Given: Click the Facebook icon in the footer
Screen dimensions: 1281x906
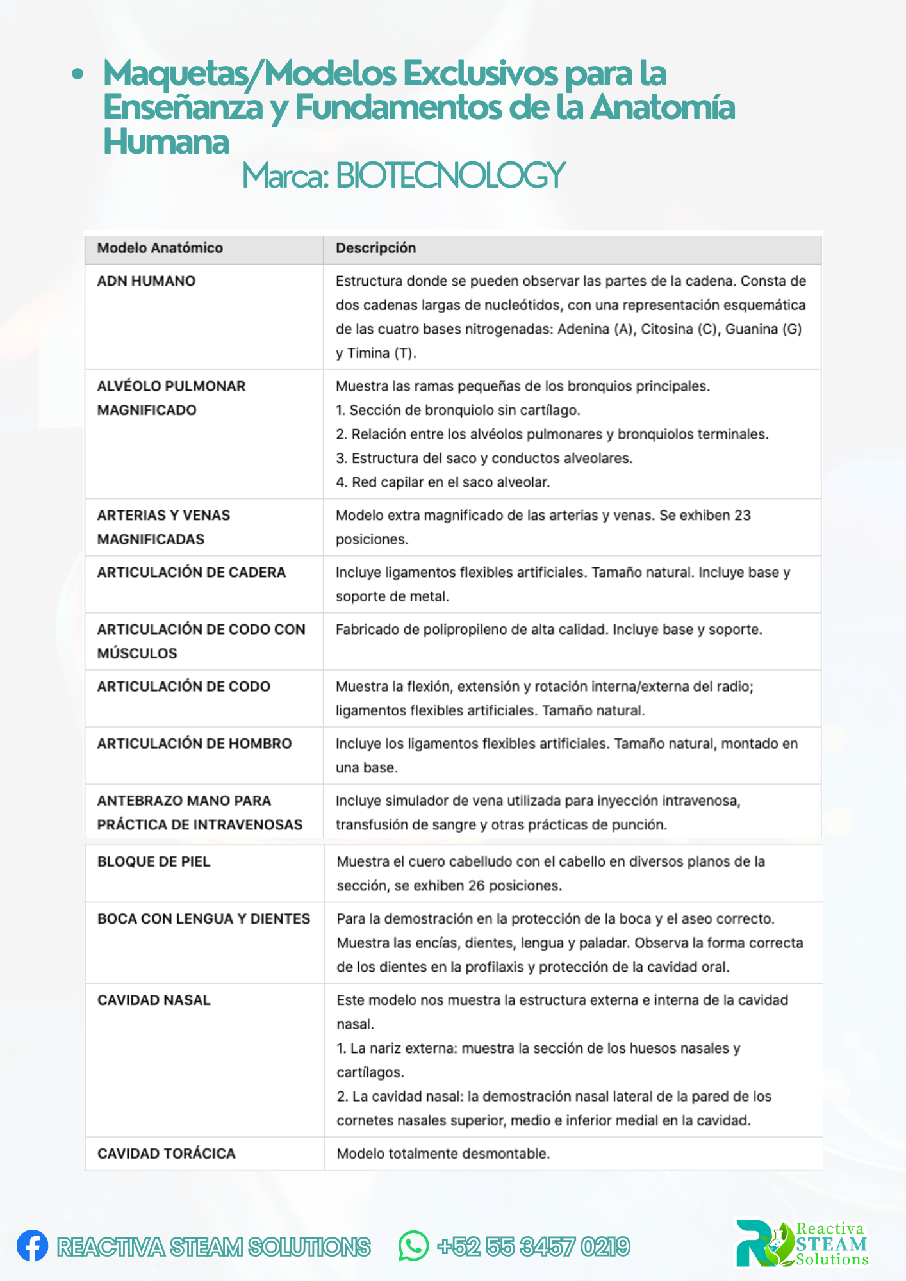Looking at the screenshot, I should [x=32, y=1246].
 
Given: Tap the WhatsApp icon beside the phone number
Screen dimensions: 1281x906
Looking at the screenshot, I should [x=413, y=1246].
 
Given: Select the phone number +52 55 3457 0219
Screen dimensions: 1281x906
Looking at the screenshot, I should [x=534, y=1246].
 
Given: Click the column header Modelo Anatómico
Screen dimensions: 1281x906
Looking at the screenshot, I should [x=160, y=249].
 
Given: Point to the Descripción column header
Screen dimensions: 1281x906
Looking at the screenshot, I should [x=376, y=249].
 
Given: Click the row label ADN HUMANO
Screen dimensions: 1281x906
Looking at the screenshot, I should [x=146, y=281].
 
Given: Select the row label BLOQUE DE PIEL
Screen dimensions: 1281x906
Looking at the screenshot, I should [x=154, y=862].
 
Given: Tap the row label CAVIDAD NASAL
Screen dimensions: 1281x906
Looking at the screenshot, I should [x=154, y=1000].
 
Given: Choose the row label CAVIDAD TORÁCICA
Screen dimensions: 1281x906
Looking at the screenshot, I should [x=167, y=1154].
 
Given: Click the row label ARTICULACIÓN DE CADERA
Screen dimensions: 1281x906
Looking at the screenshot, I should [x=192, y=573].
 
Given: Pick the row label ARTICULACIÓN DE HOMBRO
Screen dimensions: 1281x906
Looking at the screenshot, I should [x=194, y=744].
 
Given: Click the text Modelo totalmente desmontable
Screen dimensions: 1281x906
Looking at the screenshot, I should [x=443, y=1154].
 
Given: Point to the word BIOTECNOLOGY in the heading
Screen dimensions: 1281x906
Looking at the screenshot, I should [x=450, y=175].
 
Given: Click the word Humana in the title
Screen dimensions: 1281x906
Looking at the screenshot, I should [x=167, y=142].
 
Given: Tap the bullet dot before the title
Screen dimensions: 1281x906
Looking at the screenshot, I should [x=78, y=74].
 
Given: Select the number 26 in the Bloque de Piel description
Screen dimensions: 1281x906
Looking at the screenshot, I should [x=476, y=886].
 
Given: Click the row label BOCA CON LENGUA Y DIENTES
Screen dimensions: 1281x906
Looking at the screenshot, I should [x=204, y=919].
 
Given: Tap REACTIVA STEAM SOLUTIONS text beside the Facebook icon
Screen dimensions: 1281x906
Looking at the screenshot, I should [x=214, y=1246].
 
